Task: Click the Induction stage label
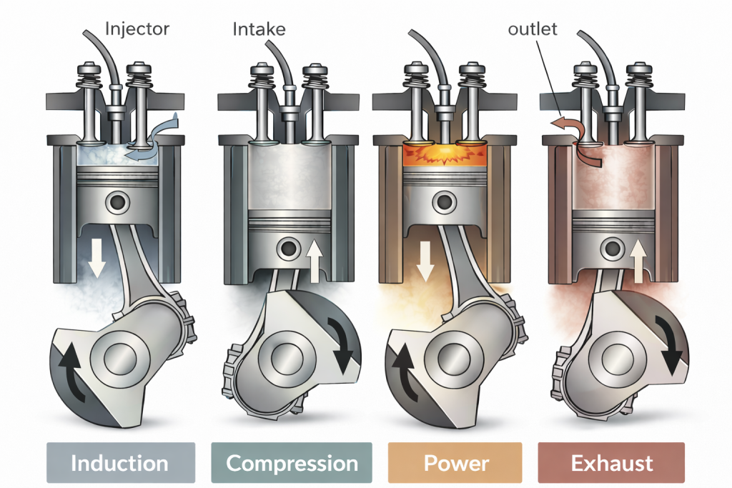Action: point(120,463)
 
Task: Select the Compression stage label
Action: point(292,463)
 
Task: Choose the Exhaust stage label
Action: point(612,463)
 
